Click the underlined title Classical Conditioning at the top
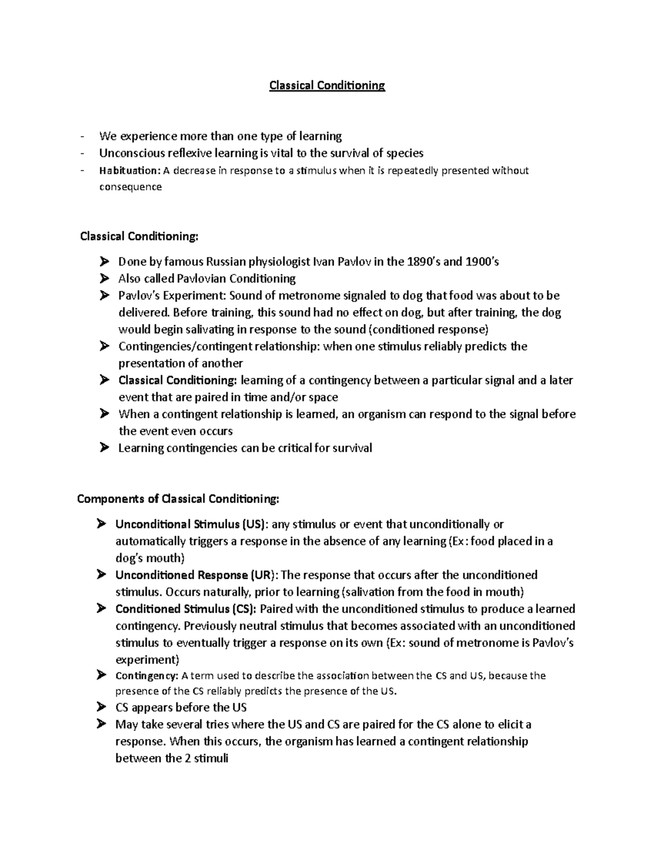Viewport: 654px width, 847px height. [x=327, y=86]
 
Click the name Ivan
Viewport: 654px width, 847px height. [x=322, y=262]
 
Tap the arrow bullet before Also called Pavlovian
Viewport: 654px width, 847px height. [x=105, y=279]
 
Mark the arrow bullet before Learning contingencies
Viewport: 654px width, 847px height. [x=105, y=448]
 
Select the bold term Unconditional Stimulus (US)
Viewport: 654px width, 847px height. [x=191, y=524]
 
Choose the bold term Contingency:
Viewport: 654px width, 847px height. [x=147, y=676]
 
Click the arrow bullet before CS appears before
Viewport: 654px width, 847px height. [x=101, y=707]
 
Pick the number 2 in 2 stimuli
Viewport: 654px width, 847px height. [x=187, y=758]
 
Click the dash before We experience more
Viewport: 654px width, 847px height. [x=82, y=136]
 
